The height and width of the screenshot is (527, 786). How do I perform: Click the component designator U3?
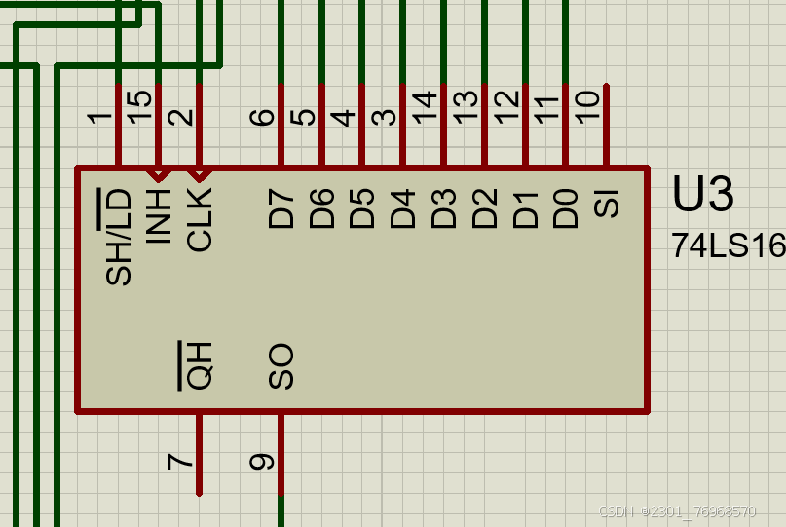tap(702, 196)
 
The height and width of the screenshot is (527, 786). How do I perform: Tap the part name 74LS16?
tap(728, 246)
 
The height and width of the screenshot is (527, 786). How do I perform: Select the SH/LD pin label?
tap(119, 238)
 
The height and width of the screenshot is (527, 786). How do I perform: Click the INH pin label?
tap(158, 215)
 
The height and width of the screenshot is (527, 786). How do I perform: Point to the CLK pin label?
tap(199, 219)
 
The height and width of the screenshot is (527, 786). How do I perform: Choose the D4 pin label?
tap(403, 209)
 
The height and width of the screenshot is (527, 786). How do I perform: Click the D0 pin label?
tap(566, 209)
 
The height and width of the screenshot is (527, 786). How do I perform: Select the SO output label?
tap(281, 366)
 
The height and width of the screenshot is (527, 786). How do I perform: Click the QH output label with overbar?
tap(198, 366)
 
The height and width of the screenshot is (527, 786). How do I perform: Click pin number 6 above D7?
tap(262, 117)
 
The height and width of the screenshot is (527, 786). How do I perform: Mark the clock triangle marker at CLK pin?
tap(199, 175)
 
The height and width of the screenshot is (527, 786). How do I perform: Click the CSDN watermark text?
tap(676, 511)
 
